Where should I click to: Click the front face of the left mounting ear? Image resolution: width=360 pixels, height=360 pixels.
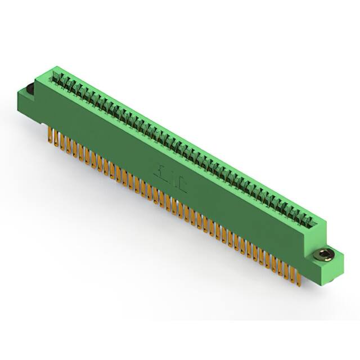click(28, 107)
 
